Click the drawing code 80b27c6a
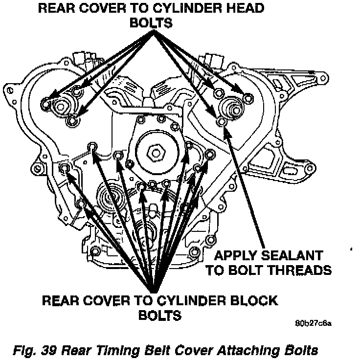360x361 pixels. (314, 324)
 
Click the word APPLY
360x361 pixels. (233, 256)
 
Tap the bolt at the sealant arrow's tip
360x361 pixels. (222, 121)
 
